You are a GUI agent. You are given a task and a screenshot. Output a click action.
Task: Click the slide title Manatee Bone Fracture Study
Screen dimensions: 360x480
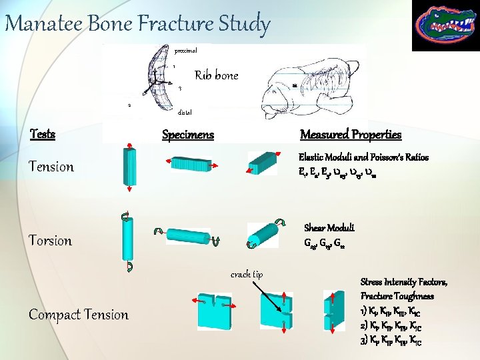tap(137, 25)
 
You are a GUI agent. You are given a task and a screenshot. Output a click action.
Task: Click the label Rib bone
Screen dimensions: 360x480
tap(216, 75)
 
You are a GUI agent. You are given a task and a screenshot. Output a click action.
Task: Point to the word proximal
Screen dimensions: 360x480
tap(186, 50)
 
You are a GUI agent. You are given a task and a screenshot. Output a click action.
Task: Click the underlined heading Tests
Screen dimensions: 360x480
tap(43, 134)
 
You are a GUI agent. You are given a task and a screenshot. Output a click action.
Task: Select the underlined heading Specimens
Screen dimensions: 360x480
tap(188, 135)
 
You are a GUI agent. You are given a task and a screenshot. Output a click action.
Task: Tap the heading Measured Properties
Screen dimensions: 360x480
tap(351, 135)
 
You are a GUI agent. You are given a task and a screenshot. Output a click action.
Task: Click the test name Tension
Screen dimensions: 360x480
tap(51, 167)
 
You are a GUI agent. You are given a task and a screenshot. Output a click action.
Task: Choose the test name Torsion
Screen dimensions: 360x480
tap(50, 241)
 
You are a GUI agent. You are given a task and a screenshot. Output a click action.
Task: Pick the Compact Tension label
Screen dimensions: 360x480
tap(79, 315)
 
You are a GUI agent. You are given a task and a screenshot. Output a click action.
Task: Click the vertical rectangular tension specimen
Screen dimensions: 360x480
tap(129, 167)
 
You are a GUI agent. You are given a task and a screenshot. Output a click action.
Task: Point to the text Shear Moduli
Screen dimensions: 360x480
tap(329, 227)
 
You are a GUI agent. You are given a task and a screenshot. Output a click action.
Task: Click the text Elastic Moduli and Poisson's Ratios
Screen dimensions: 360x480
tap(363, 157)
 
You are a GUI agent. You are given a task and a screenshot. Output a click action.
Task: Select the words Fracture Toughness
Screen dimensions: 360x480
tap(397, 295)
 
